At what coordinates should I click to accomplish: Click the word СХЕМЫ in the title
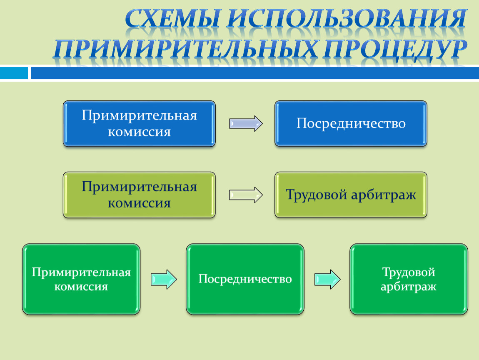point(172,19)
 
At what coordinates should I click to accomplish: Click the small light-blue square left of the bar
point(14,73)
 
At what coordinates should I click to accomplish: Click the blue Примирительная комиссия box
point(139,123)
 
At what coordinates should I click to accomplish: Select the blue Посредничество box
point(351,123)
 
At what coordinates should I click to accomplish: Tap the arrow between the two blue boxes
point(246,123)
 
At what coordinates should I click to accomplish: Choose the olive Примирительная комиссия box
point(139,195)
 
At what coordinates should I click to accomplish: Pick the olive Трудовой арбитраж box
point(351,195)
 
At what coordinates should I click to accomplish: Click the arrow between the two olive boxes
point(246,195)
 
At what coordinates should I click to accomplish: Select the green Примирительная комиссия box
point(81,279)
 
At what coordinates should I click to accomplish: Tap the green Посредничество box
point(245,279)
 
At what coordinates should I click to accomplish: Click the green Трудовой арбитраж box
point(409,279)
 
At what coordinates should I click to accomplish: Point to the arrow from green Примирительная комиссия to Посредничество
point(164,279)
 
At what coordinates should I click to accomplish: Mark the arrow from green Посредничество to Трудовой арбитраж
point(327,279)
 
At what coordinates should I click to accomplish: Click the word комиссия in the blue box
point(139,132)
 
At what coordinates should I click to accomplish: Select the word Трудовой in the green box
point(409,272)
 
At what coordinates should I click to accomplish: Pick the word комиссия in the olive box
point(139,203)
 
